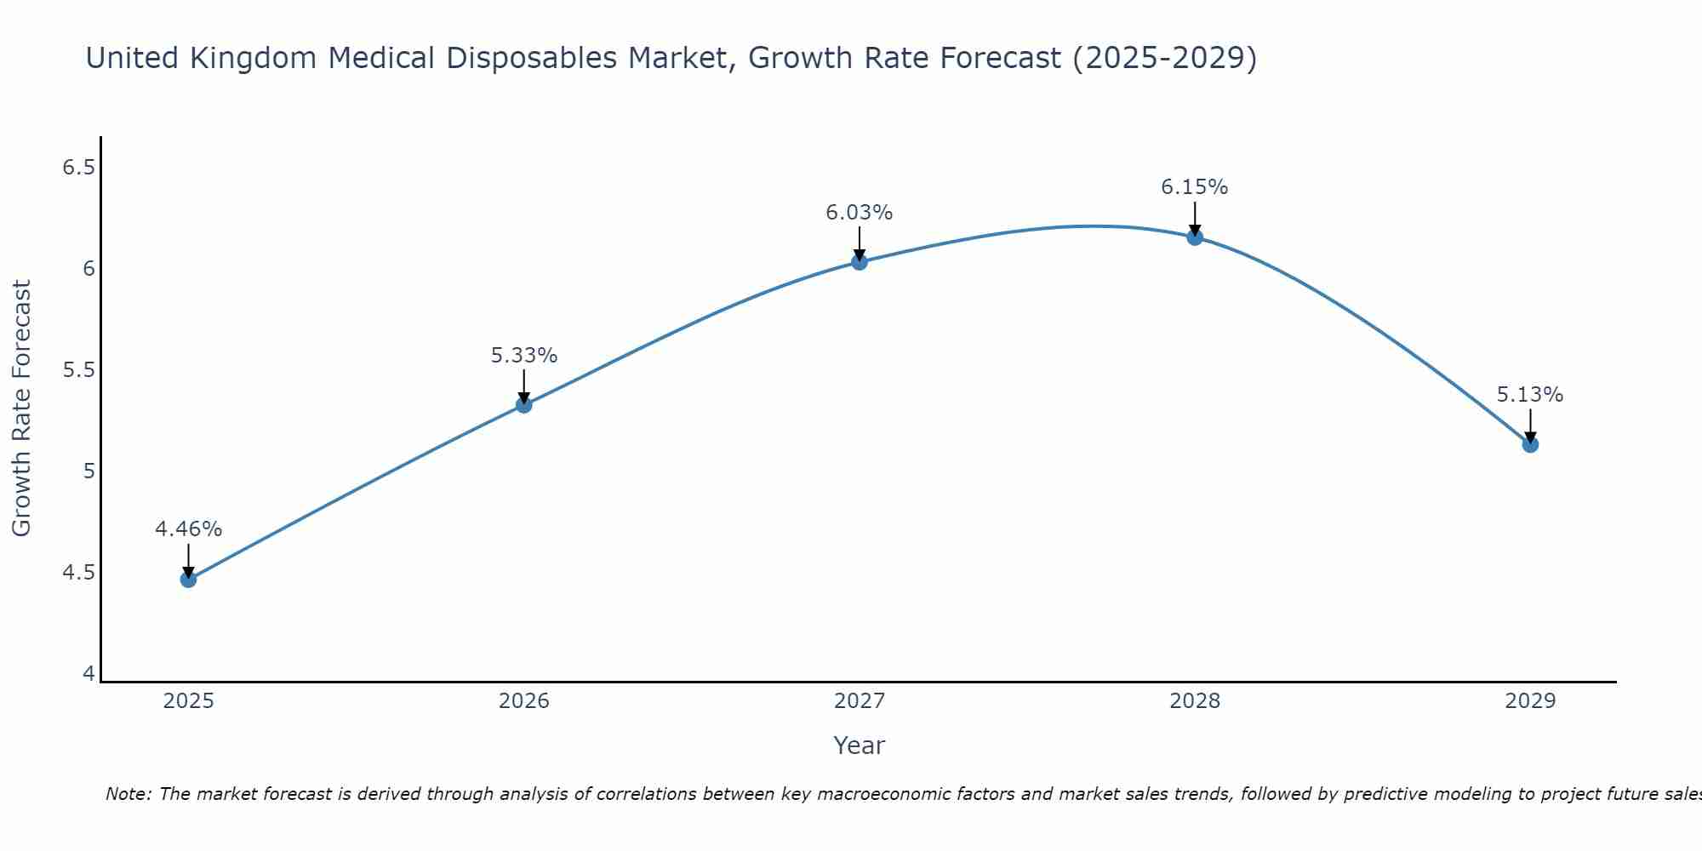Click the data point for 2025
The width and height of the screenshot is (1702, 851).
coord(188,580)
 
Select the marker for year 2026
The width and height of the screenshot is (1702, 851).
coord(524,405)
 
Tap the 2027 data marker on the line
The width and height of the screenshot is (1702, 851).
coord(860,262)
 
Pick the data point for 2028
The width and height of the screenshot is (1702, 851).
coord(1195,237)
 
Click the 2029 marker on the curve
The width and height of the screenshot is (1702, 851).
coord(1530,444)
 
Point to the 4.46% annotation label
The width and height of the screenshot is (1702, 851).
coord(188,529)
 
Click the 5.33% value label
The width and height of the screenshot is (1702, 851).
coord(524,356)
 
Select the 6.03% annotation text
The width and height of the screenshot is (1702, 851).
coord(860,213)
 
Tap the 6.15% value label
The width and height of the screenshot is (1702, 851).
coord(1195,187)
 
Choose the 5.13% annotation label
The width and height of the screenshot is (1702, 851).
coord(1530,395)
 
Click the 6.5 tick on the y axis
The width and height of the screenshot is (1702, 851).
coord(77,168)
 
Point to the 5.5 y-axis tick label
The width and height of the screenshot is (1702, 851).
coord(77,370)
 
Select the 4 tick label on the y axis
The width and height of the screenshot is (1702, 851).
coord(89,674)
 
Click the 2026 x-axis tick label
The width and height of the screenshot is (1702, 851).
coord(524,701)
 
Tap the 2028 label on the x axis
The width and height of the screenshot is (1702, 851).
coord(1195,701)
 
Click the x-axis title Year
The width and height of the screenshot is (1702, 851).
coord(860,745)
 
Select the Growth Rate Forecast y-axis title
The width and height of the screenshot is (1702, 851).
coord(22,408)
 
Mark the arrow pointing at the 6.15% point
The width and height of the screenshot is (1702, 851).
coord(1195,218)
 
